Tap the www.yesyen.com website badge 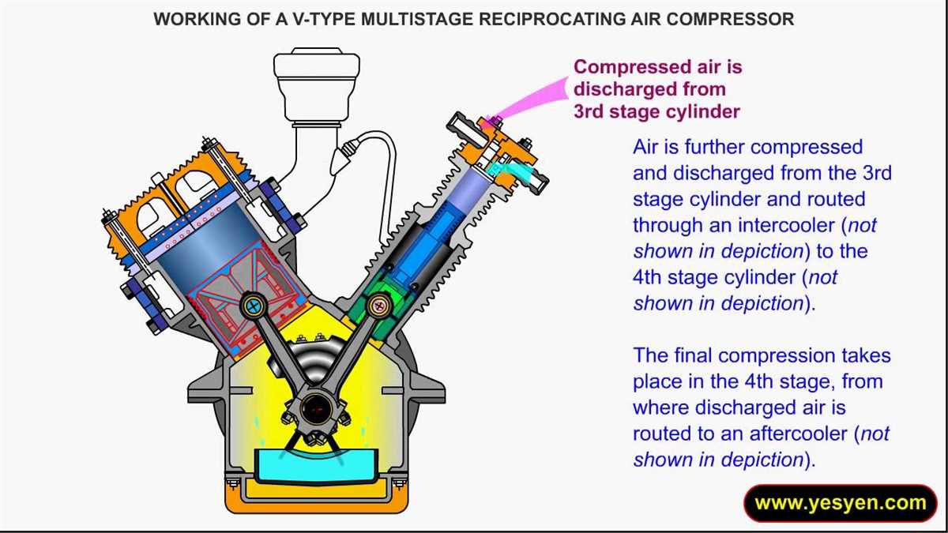coord(840,503)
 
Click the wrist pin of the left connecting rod coord(254,305)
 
